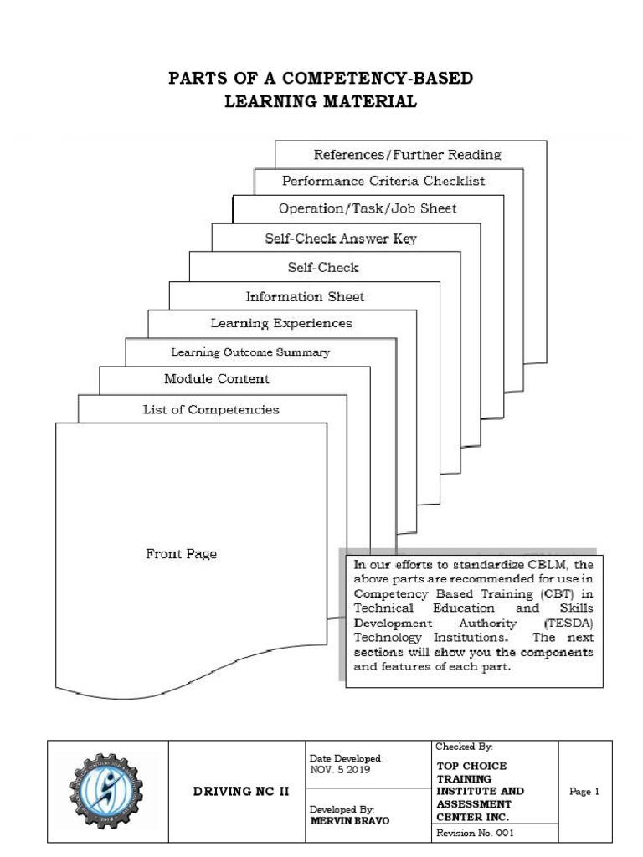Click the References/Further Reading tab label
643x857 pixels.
pyautogui.click(x=407, y=154)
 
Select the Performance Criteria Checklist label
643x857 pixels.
pyautogui.click(x=383, y=180)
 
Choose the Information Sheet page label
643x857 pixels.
pyautogui.click(x=305, y=296)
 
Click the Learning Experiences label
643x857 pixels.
pyautogui.click(x=281, y=323)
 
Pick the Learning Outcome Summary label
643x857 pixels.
pyautogui.click(x=250, y=352)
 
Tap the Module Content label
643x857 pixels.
pyautogui.click(x=217, y=379)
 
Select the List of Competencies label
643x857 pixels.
pyautogui.click(x=210, y=410)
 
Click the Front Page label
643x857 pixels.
pyautogui.click(x=182, y=553)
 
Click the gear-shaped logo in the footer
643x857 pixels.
pyautogui.click(x=106, y=791)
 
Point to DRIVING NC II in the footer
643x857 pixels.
pyautogui.click(x=237, y=792)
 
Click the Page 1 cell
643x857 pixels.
pyautogui.click(x=584, y=792)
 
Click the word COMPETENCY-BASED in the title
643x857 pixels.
pyautogui.click(x=380, y=80)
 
